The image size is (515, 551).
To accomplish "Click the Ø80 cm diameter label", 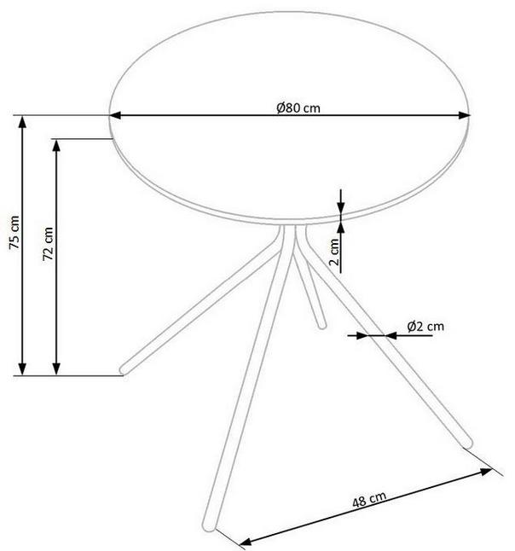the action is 298,107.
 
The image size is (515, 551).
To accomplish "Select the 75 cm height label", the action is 14,232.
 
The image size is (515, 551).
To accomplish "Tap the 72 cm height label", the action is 48,244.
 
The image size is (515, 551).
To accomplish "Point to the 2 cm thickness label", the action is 335,252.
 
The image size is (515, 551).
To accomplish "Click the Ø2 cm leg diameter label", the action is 425,326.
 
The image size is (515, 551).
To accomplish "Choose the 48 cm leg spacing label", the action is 369,499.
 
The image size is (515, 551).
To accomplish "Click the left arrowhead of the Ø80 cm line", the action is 115,115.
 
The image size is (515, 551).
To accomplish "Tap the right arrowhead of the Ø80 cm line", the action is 464,115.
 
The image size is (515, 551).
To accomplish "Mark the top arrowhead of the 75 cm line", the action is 22,121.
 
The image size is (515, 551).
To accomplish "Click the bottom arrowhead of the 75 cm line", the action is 22,369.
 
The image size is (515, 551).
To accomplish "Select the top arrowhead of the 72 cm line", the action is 56,145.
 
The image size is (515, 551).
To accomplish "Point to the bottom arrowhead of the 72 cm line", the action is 56,369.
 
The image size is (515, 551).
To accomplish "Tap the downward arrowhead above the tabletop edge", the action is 340,207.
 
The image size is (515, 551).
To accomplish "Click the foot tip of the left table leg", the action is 124,370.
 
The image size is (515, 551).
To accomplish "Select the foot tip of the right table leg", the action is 468,444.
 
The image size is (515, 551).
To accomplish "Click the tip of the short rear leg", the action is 321,326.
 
